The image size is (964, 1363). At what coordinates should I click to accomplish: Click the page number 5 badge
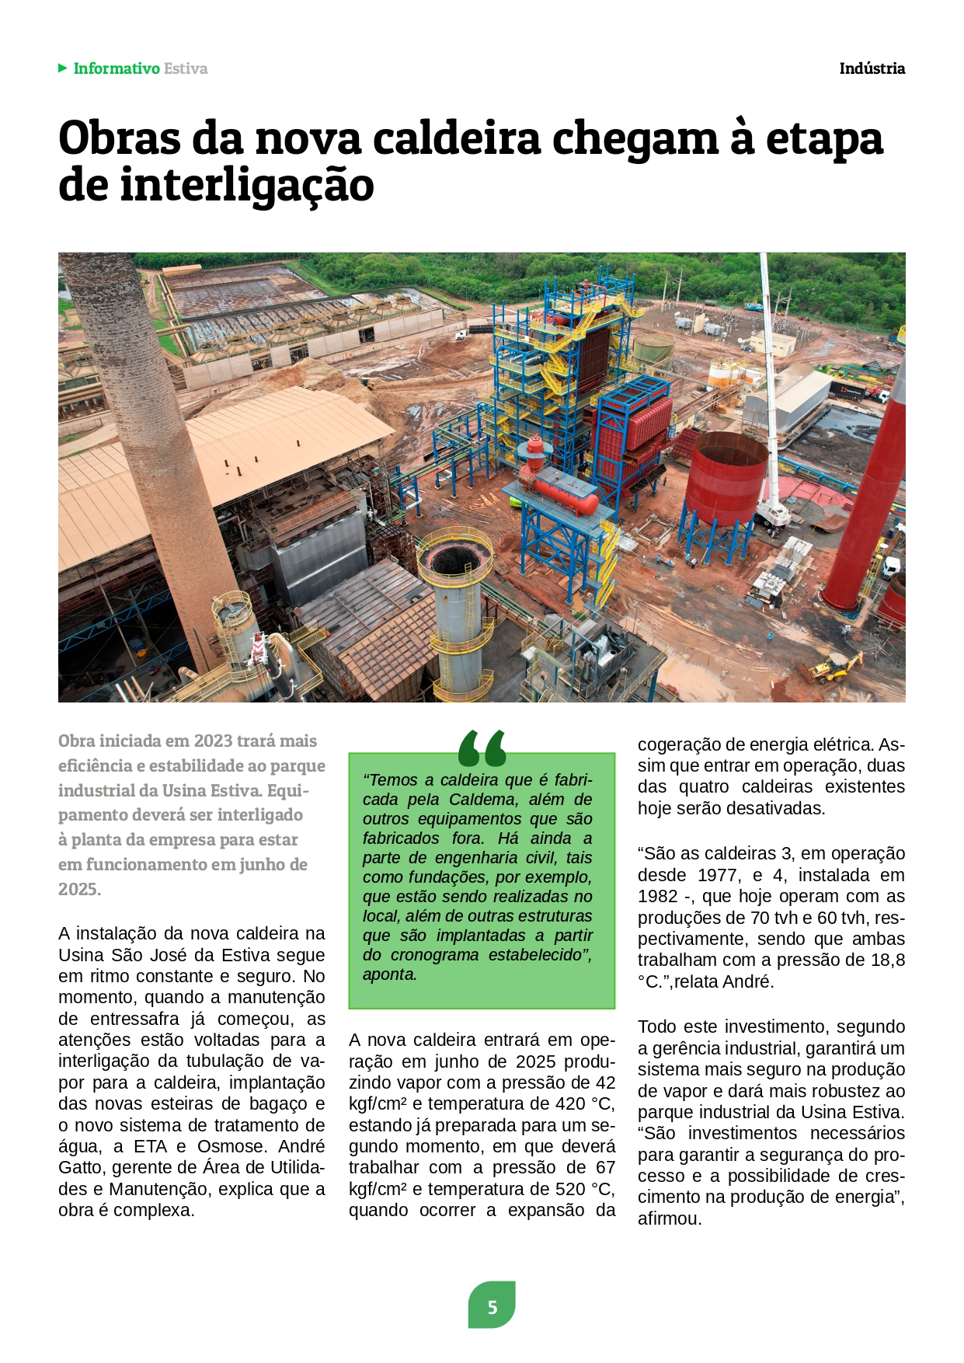(492, 1307)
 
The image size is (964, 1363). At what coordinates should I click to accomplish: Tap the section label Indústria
(872, 68)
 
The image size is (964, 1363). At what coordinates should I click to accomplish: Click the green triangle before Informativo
(63, 68)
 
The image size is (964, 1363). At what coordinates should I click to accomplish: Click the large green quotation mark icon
(482, 748)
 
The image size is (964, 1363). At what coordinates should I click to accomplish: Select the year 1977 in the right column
(719, 875)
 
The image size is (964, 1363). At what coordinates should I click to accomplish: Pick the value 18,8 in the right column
(887, 960)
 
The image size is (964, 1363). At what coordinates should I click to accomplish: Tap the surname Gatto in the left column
(82, 1168)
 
